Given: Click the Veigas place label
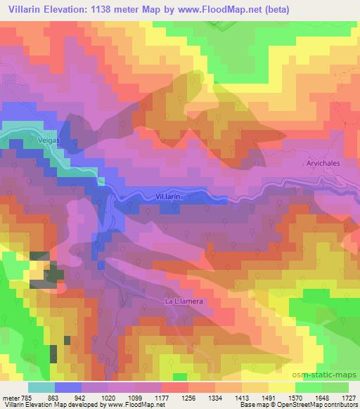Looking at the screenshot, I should (41, 140).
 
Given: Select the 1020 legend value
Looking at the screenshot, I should (108, 397).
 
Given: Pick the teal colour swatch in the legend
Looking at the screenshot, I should (41, 387).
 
